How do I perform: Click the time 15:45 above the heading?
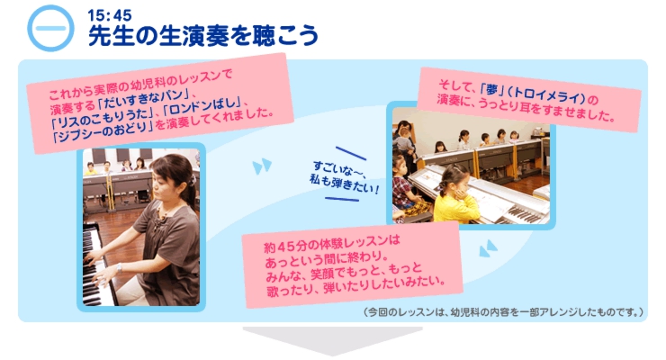110,15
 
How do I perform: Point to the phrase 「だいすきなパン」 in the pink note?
145,98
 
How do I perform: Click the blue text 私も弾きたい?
344,184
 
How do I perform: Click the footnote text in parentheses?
504,312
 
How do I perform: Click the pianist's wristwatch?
120,267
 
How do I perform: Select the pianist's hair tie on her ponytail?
193,180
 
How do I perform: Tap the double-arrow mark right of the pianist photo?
262,166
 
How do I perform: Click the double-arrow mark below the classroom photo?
488,247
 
